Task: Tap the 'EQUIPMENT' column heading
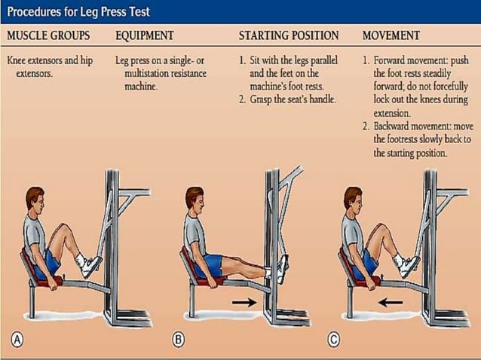point(145,35)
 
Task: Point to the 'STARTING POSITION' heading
point(289,35)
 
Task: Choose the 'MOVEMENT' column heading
point(392,35)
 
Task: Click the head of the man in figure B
point(195,202)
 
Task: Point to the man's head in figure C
point(352,202)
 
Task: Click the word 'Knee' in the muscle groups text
point(18,60)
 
